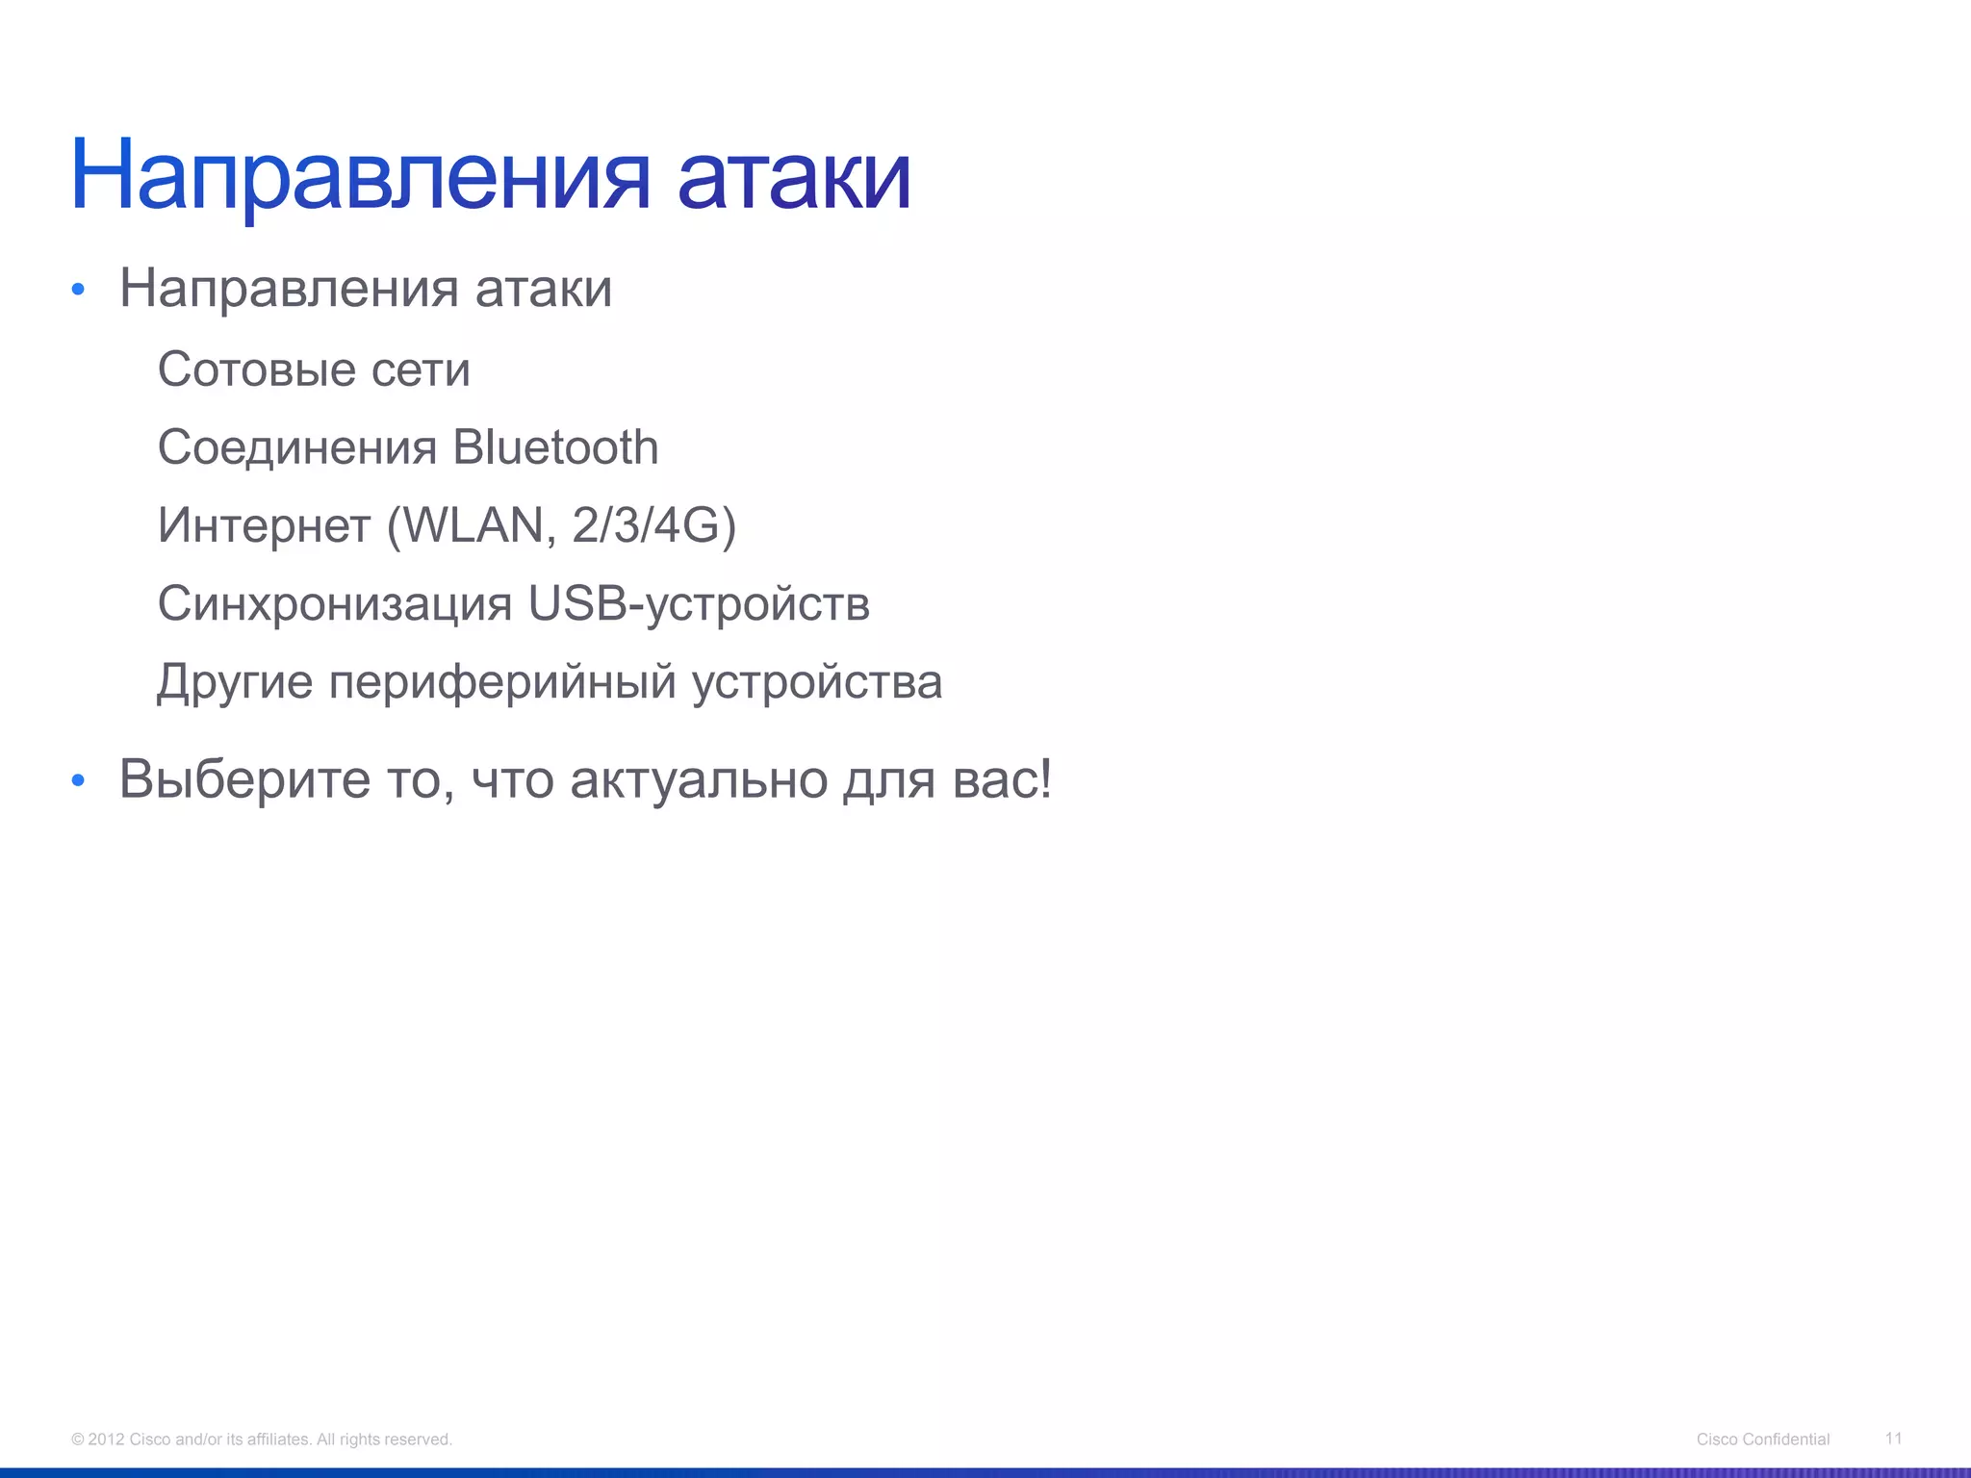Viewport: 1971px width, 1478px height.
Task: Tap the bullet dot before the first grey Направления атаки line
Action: coord(79,290)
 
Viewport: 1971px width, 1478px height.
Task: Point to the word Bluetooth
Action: coord(555,447)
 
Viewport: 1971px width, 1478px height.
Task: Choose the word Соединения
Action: coord(297,447)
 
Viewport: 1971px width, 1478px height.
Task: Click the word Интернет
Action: coord(264,525)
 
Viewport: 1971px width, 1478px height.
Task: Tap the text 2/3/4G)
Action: coord(653,525)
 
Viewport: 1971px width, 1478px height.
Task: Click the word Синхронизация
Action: coord(335,604)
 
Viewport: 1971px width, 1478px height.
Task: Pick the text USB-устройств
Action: coord(699,604)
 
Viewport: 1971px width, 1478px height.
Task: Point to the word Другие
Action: coord(235,682)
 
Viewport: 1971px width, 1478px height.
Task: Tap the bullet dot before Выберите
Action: coord(79,780)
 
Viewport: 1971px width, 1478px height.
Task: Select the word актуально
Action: coord(699,779)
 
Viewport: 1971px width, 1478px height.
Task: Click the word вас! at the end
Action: coord(1002,779)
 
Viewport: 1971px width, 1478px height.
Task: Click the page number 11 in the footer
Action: coord(1893,1438)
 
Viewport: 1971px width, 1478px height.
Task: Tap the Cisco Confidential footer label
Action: coord(1763,1440)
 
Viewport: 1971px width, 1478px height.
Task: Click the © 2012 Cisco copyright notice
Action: coord(262,1440)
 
